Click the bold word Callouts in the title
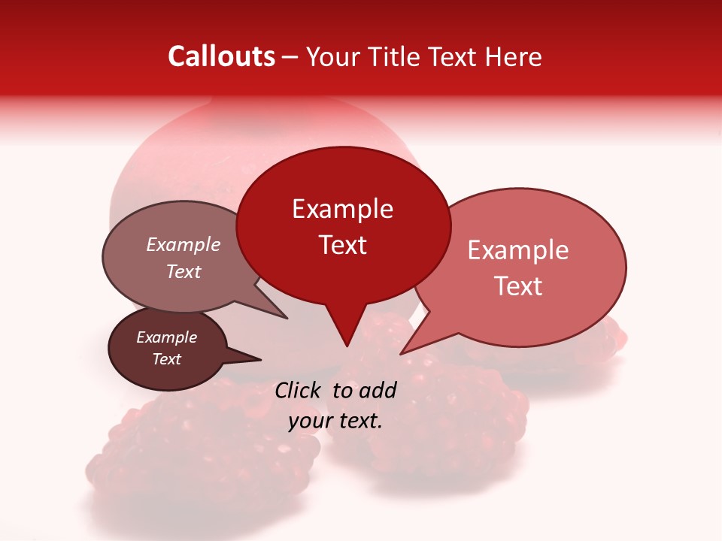[x=221, y=56]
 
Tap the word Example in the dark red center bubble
[x=342, y=209]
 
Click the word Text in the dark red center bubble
[x=342, y=245]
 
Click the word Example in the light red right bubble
[x=518, y=250]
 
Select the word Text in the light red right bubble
[x=518, y=286]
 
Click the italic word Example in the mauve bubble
[x=184, y=244]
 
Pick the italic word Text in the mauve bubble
[x=184, y=271]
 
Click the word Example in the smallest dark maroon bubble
[x=167, y=337]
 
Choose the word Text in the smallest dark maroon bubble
[x=167, y=359]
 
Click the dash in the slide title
[x=290, y=57]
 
